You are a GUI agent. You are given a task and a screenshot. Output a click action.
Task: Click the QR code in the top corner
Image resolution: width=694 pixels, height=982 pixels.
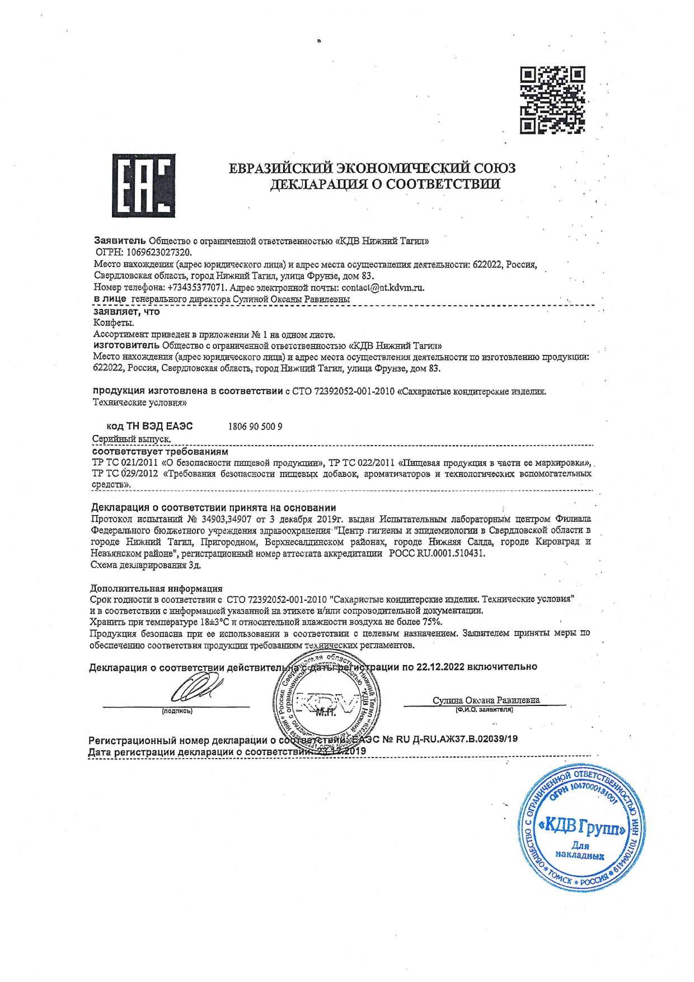(552, 100)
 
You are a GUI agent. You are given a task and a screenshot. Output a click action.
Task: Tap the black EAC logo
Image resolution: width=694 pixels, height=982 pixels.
(143, 186)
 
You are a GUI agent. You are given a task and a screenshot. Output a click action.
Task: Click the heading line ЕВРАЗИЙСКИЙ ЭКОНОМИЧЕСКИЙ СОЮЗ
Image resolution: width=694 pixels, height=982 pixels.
(372, 168)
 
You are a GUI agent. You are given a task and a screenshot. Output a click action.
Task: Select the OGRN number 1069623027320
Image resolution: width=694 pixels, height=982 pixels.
(159, 252)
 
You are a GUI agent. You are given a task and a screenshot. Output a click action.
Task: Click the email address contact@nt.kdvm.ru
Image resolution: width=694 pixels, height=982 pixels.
(383, 288)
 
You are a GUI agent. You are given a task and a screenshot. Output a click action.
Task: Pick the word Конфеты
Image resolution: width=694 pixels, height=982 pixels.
(114, 323)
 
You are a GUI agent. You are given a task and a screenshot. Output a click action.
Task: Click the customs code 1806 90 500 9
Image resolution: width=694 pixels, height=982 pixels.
(255, 427)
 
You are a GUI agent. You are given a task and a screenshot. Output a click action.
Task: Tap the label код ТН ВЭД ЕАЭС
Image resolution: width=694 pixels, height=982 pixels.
(149, 427)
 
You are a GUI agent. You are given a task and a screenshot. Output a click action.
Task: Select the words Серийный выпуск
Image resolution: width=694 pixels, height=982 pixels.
(132, 439)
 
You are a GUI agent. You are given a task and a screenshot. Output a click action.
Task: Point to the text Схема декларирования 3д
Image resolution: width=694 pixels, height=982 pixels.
(146, 565)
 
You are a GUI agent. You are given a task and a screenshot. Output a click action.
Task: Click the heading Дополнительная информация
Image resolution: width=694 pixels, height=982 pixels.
(156, 588)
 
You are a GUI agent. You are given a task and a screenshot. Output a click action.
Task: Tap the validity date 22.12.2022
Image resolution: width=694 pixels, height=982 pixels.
(440, 667)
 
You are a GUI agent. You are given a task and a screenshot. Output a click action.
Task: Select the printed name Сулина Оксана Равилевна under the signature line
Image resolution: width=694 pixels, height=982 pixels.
(486, 700)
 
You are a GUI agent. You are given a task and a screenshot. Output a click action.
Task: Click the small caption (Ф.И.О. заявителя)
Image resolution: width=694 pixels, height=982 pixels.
(484, 710)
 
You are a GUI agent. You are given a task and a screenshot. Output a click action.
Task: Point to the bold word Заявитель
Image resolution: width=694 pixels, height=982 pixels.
(120, 241)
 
